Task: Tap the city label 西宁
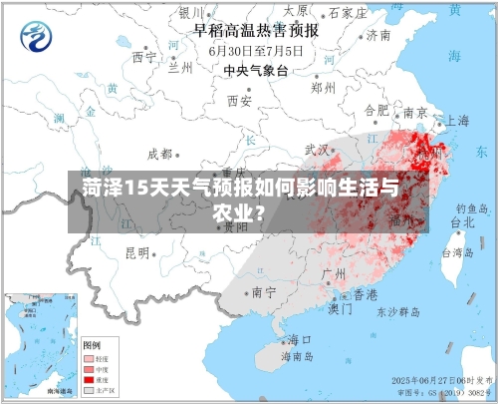click(x=144, y=57)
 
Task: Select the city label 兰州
click(x=179, y=69)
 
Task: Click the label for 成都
click(x=159, y=154)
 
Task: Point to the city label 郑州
click(x=323, y=87)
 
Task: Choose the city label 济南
click(x=377, y=35)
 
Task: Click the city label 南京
click(x=414, y=112)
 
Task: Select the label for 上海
click(x=456, y=120)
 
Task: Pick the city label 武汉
click(x=317, y=150)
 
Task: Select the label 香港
click(x=366, y=295)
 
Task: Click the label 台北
click(x=464, y=223)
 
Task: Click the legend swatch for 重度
click(x=89, y=380)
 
